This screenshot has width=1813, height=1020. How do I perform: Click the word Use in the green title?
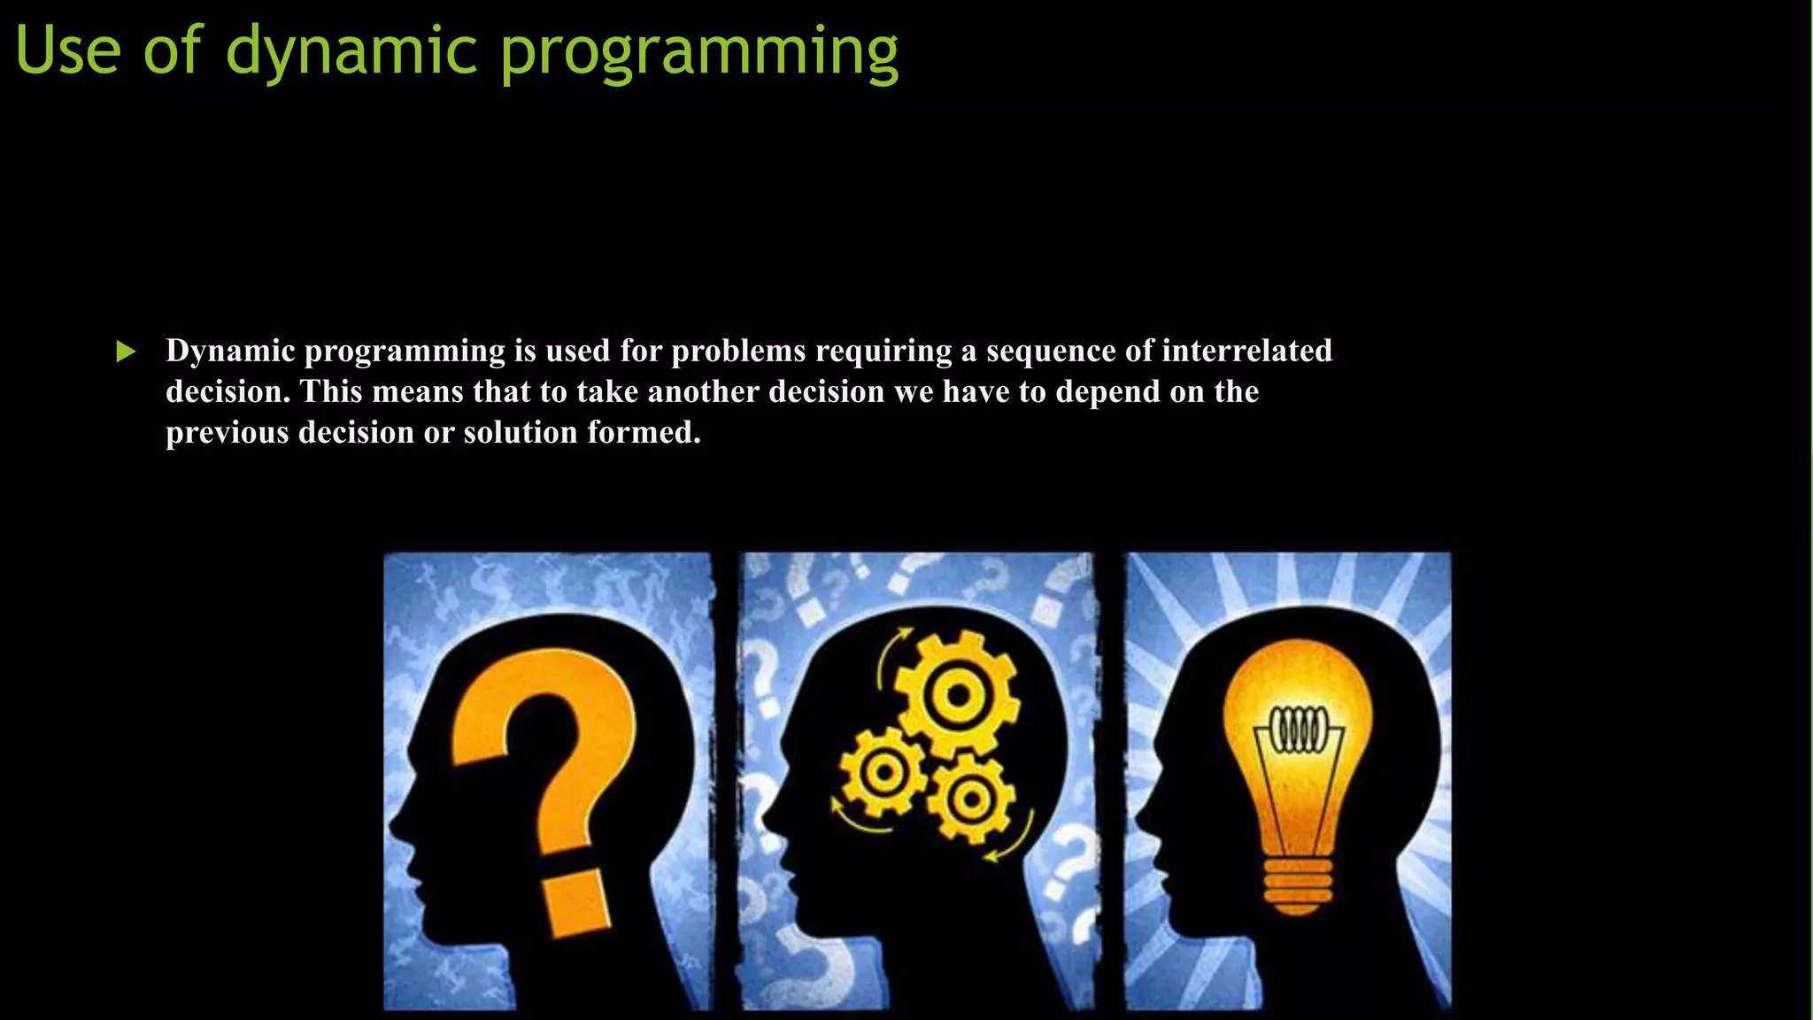click(x=68, y=50)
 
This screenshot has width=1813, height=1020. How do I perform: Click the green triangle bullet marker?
click(x=126, y=352)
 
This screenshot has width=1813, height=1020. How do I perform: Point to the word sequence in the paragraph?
click(x=1051, y=352)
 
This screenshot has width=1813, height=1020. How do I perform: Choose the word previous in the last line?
click(x=228, y=433)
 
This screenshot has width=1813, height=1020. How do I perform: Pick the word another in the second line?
click(x=704, y=391)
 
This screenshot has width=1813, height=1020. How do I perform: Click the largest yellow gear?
click(x=956, y=694)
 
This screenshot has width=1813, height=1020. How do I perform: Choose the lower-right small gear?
click(x=971, y=800)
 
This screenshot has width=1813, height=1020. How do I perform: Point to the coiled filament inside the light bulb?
click(x=1299, y=730)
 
